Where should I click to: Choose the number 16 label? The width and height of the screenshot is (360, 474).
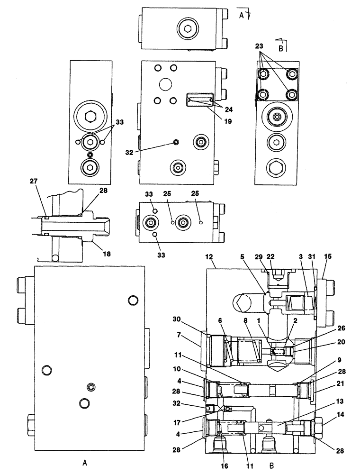pos(225,459)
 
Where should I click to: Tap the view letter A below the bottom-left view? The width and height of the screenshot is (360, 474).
pos(85,461)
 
